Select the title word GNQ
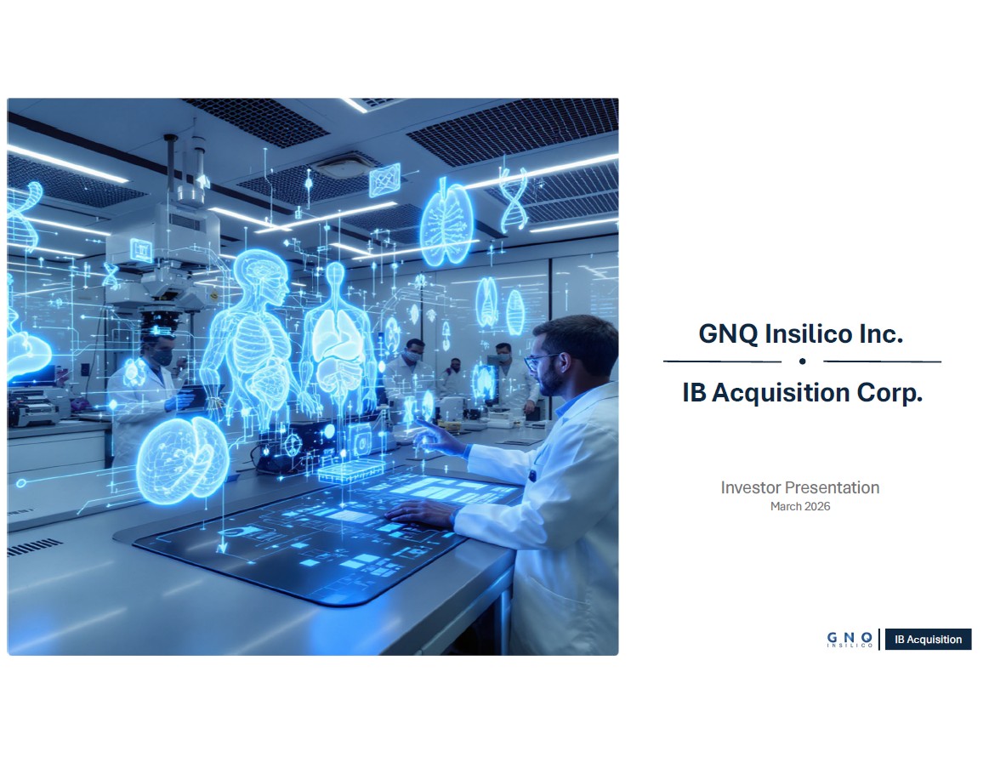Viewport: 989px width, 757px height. pyautogui.click(x=728, y=334)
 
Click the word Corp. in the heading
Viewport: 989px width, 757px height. pyautogui.click(x=890, y=393)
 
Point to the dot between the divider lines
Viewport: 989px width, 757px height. pyautogui.click(x=802, y=361)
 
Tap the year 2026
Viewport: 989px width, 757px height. pyautogui.click(x=817, y=506)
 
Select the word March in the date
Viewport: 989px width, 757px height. pyautogui.click(x=785, y=506)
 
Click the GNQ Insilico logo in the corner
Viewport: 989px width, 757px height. pyautogui.click(x=850, y=640)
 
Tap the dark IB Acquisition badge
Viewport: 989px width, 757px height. pyautogui.click(x=928, y=639)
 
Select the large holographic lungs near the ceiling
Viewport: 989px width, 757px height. pyautogui.click(x=446, y=221)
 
